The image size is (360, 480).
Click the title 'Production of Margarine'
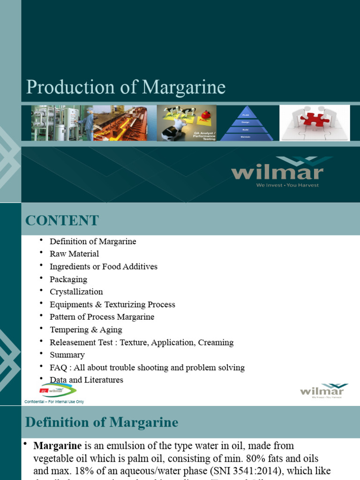[x=126, y=88]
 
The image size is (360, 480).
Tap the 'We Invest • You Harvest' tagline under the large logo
[x=287, y=185]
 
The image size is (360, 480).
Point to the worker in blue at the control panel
[x=88, y=123]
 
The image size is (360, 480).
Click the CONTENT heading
[x=62, y=220]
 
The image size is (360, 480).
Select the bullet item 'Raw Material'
[x=75, y=254]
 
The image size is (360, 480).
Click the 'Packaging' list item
[x=68, y=279]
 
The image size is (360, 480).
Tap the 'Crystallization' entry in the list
[x=76, y=292]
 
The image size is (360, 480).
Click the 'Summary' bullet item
[x=67, y=355]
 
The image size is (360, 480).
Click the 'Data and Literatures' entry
[x=86, y=380]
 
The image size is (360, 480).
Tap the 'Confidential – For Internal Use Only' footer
[x=54, y=402]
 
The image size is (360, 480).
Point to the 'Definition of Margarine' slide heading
[x=102, y=422]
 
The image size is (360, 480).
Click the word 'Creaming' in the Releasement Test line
[x=216, y=343]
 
